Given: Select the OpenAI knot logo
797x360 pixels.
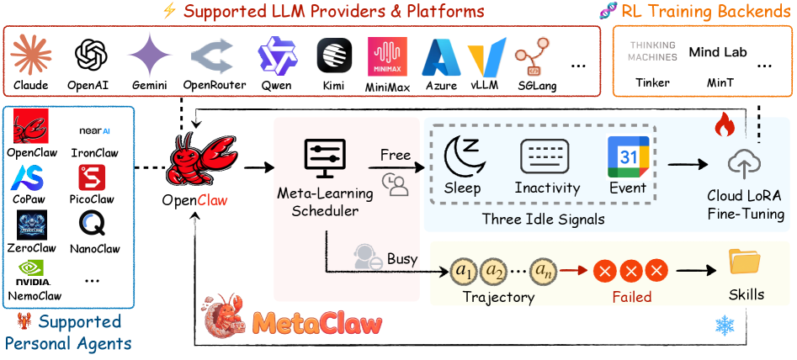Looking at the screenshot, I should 91,56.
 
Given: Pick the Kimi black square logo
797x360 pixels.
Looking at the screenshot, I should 334,56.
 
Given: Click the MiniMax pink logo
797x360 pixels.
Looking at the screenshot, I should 387,56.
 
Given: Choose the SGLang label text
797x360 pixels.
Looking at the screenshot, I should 534,86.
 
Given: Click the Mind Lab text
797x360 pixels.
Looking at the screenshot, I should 718,52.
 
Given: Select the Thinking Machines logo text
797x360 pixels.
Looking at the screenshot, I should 652,52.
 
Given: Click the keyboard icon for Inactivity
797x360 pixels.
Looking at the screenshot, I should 546,156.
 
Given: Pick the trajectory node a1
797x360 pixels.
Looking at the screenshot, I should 463,271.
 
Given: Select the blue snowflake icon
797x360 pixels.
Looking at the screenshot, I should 723,326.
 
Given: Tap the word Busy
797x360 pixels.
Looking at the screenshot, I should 402,258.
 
